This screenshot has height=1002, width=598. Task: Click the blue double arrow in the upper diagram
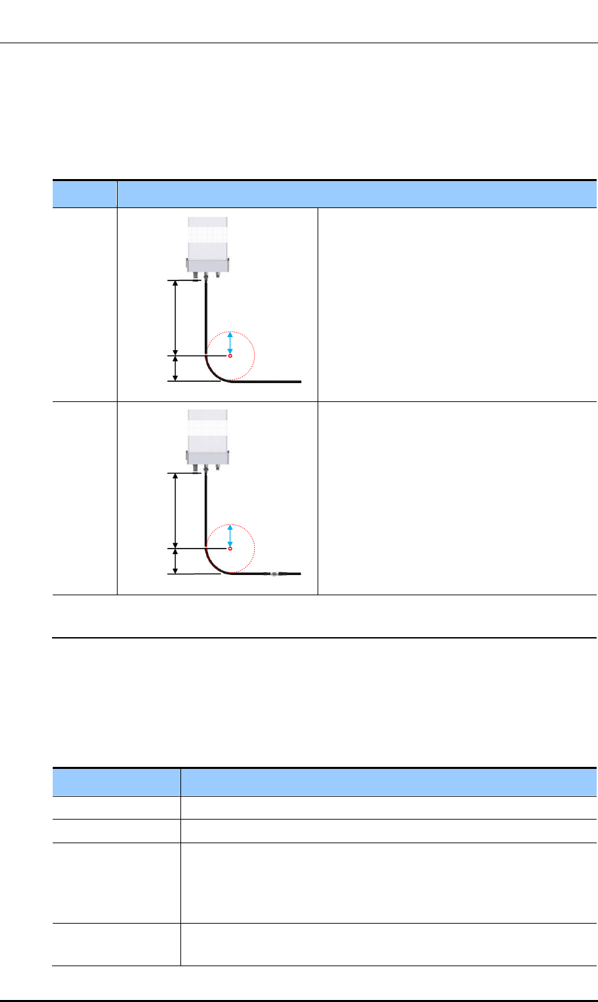[230, 342]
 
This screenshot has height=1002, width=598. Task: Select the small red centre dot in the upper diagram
[230, 356]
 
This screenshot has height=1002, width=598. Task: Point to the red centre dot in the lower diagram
[230, 549]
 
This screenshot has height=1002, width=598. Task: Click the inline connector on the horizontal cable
[273, 574]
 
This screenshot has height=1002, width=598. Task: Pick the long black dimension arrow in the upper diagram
[176, 318]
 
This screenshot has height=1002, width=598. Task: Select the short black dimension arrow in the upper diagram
[176, 368]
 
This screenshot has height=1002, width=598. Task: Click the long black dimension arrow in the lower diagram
[176, 511]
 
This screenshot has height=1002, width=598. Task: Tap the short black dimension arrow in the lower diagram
[176, 561]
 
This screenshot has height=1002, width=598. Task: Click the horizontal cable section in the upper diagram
[270, 382]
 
